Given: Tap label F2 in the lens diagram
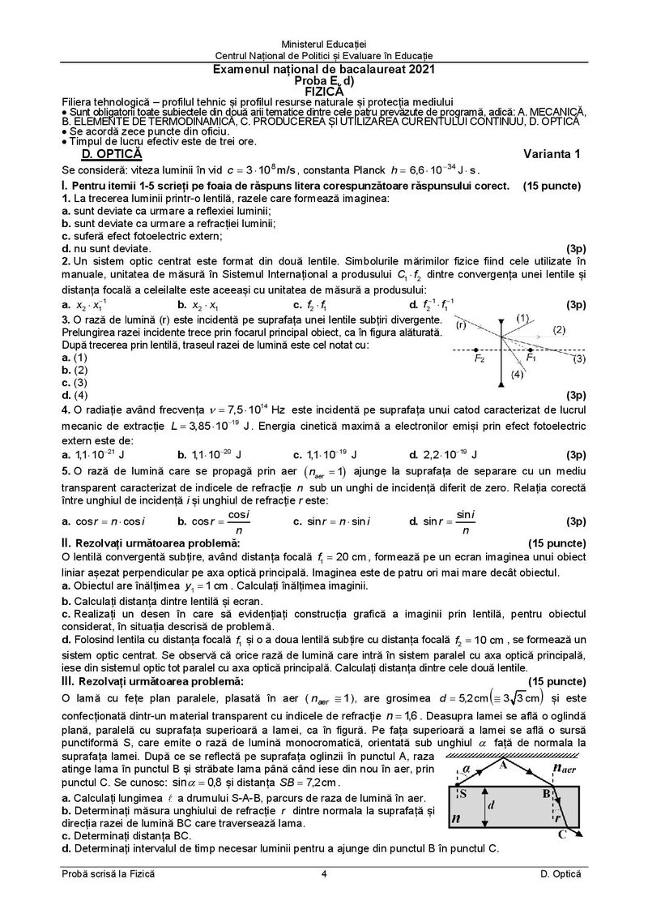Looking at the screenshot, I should (480, 358).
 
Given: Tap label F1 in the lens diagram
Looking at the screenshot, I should (531, 358).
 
